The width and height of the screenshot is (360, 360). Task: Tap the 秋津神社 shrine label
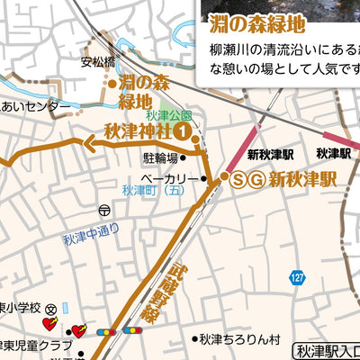137,131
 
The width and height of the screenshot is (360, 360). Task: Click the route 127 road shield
296,276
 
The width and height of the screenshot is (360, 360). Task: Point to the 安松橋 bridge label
98,62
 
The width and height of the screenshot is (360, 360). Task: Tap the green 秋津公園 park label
167,116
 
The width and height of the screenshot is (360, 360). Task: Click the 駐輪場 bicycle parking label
160,157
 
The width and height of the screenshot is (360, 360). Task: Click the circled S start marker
238,179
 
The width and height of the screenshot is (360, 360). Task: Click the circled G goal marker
256,179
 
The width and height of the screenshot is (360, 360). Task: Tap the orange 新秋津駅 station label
302,179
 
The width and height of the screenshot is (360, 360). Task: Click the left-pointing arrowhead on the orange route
91,139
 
